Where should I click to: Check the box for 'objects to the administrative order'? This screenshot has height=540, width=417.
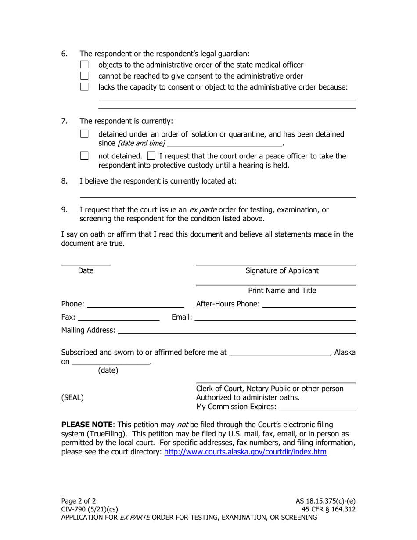85,65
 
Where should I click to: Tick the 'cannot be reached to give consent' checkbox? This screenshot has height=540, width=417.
85,76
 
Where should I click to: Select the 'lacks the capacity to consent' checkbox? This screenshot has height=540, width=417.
85,87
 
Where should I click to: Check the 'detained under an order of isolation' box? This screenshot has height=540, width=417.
85,134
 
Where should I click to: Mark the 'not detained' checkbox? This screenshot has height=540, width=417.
85,156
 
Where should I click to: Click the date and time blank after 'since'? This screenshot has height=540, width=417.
224,143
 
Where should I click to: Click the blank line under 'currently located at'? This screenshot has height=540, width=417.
217,195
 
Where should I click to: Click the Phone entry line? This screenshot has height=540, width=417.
135,304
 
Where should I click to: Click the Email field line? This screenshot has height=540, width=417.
275,317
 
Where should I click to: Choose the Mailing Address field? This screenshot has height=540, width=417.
237,330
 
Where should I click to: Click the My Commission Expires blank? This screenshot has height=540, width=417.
317,407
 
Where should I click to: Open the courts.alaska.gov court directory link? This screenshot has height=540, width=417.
245,452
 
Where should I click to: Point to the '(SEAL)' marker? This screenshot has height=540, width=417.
72,398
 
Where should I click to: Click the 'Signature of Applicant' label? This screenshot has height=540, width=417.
282,270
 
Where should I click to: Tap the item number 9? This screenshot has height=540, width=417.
65,209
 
